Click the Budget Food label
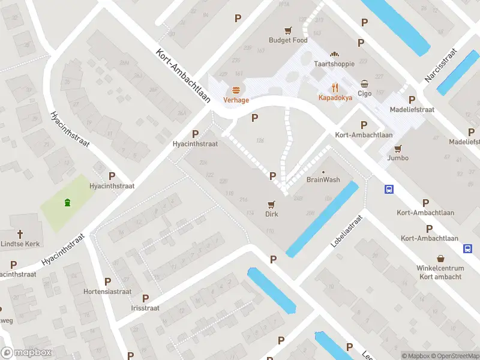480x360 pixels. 288,40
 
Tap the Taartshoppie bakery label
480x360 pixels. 335,63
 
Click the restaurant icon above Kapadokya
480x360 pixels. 335,86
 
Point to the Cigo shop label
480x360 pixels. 365,93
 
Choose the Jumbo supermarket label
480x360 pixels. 398,158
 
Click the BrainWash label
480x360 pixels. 323,179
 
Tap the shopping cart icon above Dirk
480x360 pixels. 272,204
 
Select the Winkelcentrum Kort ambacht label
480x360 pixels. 440,272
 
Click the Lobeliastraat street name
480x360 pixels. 347,232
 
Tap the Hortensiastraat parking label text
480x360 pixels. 107,292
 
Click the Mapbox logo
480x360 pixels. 27,353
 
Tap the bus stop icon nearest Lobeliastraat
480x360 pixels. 389,190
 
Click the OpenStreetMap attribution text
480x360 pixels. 453,356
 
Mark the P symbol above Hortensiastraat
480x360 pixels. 108,281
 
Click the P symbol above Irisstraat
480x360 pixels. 145,298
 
